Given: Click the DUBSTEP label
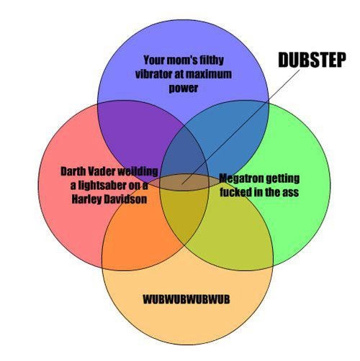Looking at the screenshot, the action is [x=312, y=60].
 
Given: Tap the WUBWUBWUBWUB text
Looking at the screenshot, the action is [x=186, y=299].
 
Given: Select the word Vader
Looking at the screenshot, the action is [x=100, y=171].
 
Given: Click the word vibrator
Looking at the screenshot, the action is [x=154, y=74].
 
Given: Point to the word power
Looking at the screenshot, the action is [x=184, y=88].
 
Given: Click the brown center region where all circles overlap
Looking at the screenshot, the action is [x=184, y=183].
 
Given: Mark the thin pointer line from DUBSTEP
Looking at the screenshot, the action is [x=240, y=127].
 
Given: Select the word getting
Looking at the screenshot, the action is [x=283, y=179].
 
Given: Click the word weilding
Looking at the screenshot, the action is [x=138, y=172].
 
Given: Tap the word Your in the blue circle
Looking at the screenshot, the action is [x=153, y=60].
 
